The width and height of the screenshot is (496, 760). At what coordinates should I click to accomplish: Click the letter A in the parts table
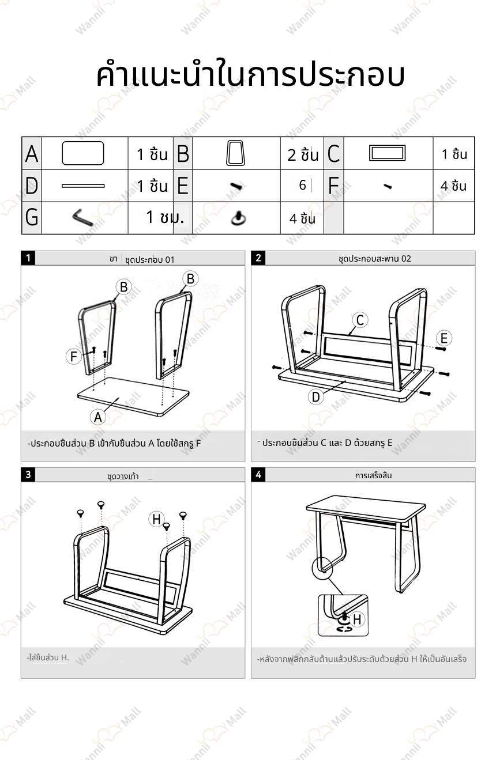click(32, 154)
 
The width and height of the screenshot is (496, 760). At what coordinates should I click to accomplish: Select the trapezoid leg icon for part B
click(235, 153)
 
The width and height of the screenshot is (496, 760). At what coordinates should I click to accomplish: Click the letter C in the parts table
click(333, 154)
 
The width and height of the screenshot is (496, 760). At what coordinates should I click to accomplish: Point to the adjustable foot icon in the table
click(237, 218)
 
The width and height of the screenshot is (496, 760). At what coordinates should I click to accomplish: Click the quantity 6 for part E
click(302, 186)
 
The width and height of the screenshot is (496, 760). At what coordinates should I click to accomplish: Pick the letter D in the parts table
click(32, 186)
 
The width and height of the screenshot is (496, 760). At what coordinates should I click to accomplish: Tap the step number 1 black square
click(28, 258)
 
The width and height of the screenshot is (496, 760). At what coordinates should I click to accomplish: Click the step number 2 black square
click(258, 258)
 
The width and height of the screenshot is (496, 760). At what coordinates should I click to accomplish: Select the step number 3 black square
click(28, 475)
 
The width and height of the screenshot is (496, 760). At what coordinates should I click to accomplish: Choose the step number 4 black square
click(258, 475)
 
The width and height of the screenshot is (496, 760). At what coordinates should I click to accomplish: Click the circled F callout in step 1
click(73, 357)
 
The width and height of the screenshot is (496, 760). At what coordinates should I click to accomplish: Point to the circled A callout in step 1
click(98, 417)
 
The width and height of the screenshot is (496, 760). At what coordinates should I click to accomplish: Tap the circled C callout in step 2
click(360, 320)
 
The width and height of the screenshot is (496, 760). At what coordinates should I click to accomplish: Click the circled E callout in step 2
click(444, 338)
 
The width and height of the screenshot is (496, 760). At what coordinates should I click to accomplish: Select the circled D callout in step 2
click(315, 397)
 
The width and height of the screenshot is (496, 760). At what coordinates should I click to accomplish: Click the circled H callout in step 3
click(156, 519)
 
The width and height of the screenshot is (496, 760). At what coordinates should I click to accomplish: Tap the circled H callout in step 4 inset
click(357, 619)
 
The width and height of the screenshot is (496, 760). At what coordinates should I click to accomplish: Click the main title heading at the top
click(250, 75)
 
